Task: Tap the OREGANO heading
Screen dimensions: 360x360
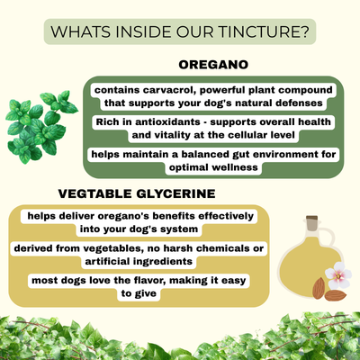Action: click(212, 66)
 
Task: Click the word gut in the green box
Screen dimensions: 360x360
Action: click(217, 155)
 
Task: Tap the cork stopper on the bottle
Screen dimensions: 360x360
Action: click(311, 220)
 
